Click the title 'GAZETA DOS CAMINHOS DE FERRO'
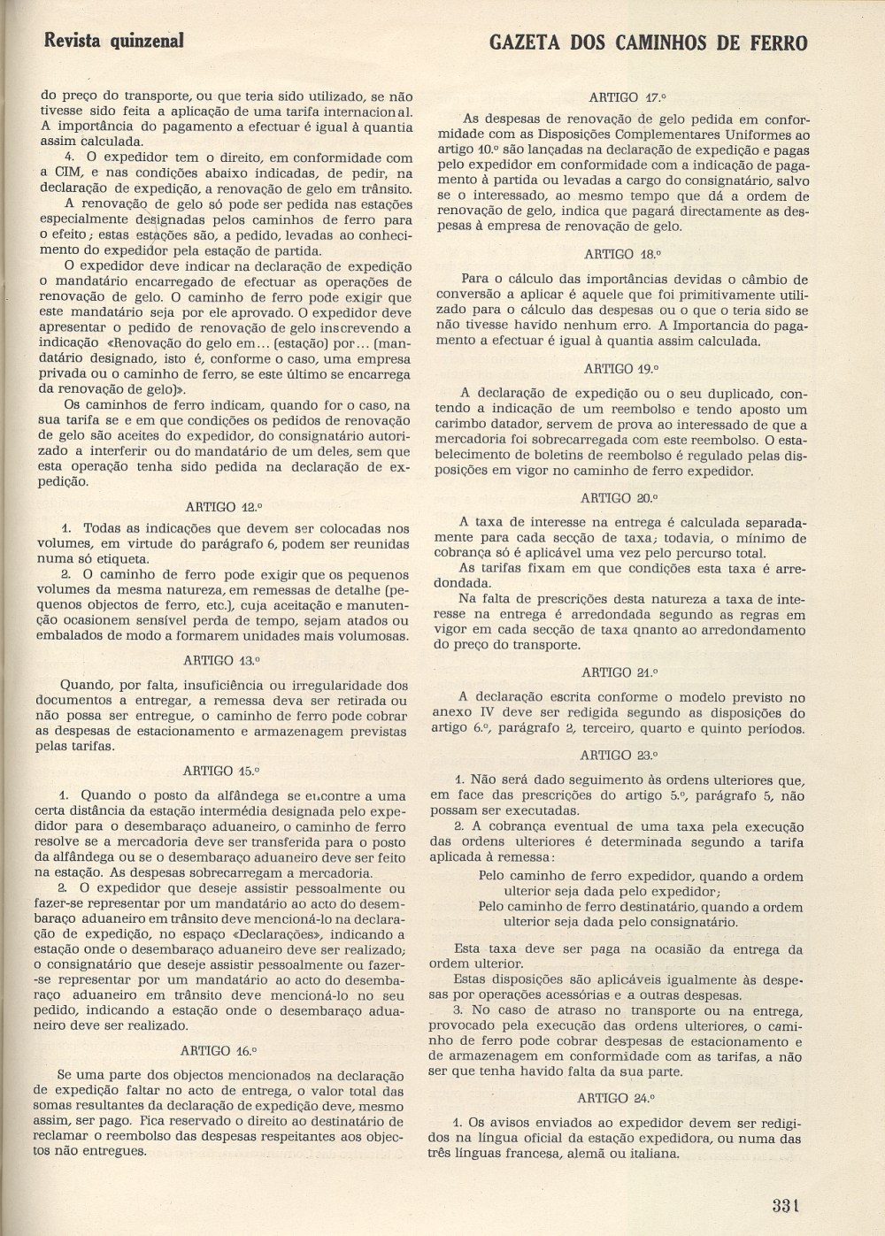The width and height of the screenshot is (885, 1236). (x=648, y=42)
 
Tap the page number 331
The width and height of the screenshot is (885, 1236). (x=785, y=1204)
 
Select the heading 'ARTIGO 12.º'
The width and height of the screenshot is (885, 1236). (x=224, y=507)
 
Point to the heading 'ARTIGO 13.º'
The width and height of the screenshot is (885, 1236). (x=221, y=661)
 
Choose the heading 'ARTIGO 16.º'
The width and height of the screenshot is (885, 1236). (x=218, y=1051)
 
